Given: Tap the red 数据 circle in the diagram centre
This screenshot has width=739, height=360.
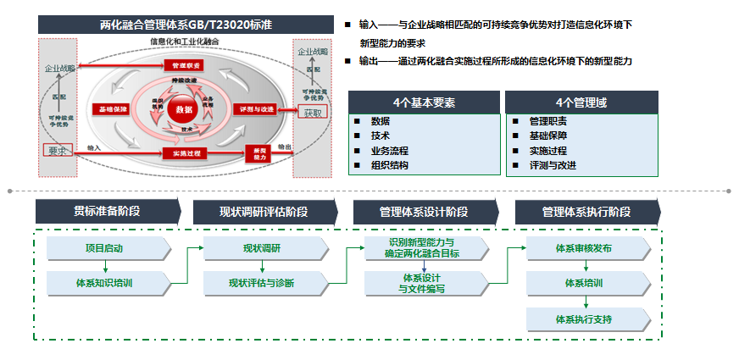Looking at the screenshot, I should click(183, 111).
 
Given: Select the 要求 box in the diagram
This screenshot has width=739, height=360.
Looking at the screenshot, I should click(57, 151).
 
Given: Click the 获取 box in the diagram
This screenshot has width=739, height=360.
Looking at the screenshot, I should click(313, 113).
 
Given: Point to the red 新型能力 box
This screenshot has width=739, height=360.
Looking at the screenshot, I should click(258, 153).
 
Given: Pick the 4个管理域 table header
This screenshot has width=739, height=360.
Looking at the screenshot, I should click(581, 102).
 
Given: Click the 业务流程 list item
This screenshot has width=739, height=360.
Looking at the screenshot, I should click(390, 150).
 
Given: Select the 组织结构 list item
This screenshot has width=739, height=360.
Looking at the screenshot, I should click(390, 165).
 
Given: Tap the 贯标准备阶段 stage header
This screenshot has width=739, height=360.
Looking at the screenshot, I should click(108, 212).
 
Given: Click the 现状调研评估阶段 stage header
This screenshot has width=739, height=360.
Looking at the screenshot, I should click(265, 212).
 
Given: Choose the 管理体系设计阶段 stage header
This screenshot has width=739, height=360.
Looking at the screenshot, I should click(425, 212).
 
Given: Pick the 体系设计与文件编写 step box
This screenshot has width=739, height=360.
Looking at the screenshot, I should click(424, 283).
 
